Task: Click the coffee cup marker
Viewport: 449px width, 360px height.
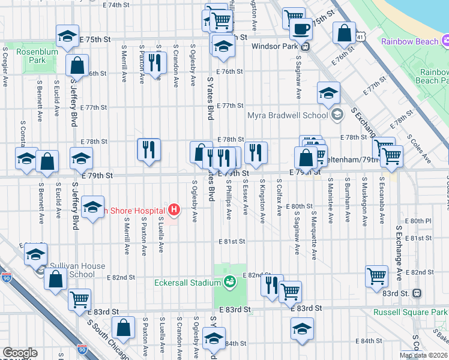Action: [x=301, y=28]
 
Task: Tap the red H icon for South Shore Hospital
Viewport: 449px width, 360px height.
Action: [x=174, y=210]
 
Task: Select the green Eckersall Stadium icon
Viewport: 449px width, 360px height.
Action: [x=229, y=281]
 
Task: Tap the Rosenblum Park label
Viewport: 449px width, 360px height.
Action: [x=31, y=56]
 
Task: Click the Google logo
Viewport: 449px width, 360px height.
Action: [x=20, y=352]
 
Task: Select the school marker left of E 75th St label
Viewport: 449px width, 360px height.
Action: [x=67, y=36]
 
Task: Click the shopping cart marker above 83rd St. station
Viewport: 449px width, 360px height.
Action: [x=376, y=275]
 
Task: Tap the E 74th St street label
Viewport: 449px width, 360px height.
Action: [x=116, y=5]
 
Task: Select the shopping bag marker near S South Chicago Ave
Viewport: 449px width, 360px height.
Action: [x=123, y=328]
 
